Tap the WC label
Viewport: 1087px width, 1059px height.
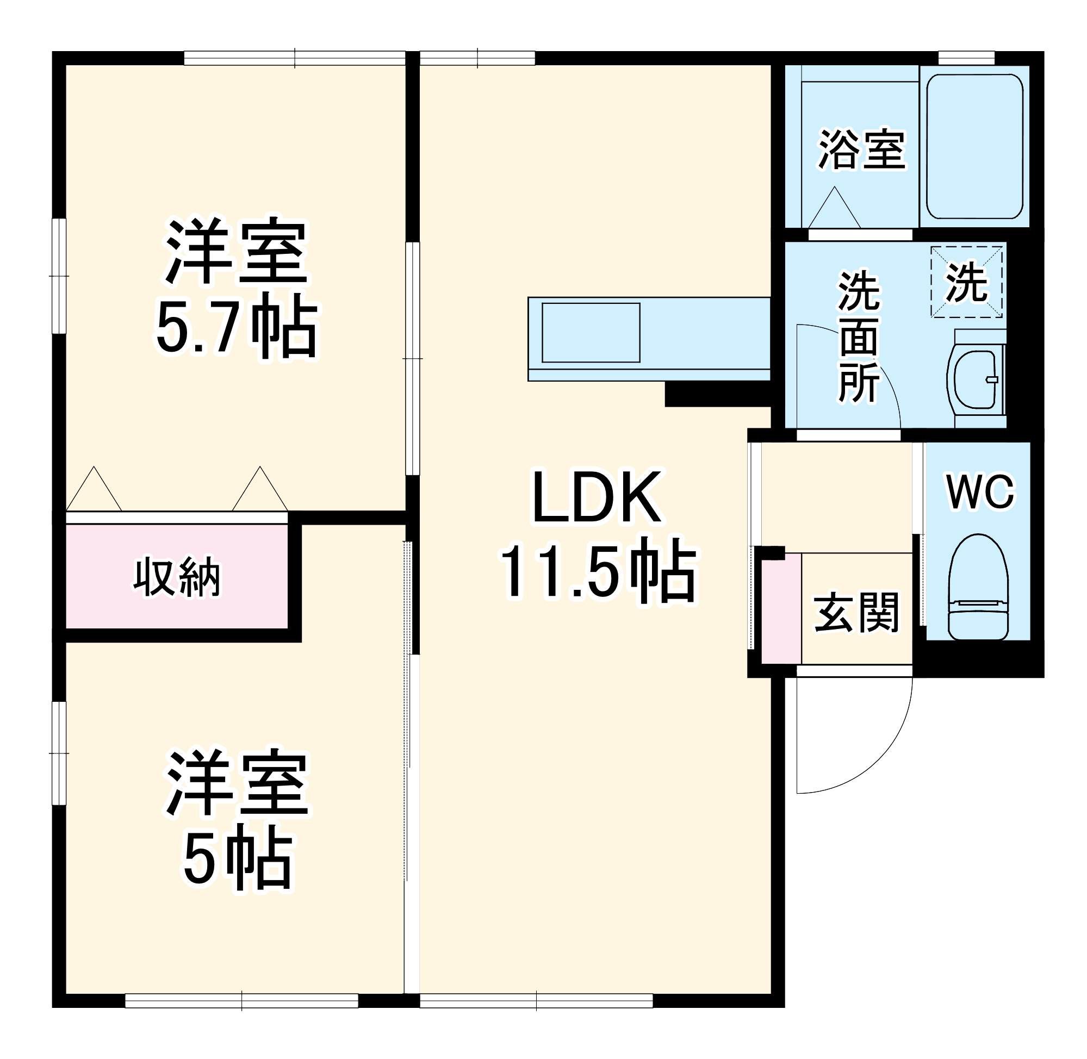click(x=980, y=493)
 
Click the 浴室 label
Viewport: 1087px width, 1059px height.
click(x=862, y=149)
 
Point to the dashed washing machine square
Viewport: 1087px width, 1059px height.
click(x=966, y=283)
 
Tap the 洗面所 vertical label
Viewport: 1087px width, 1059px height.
click(x=859, y=337)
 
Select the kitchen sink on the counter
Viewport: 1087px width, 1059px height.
click(x=590, y=333)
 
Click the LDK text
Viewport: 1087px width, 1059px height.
click(x=598, y=498)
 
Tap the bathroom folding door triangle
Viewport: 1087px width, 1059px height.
click(x=834, y=209)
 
